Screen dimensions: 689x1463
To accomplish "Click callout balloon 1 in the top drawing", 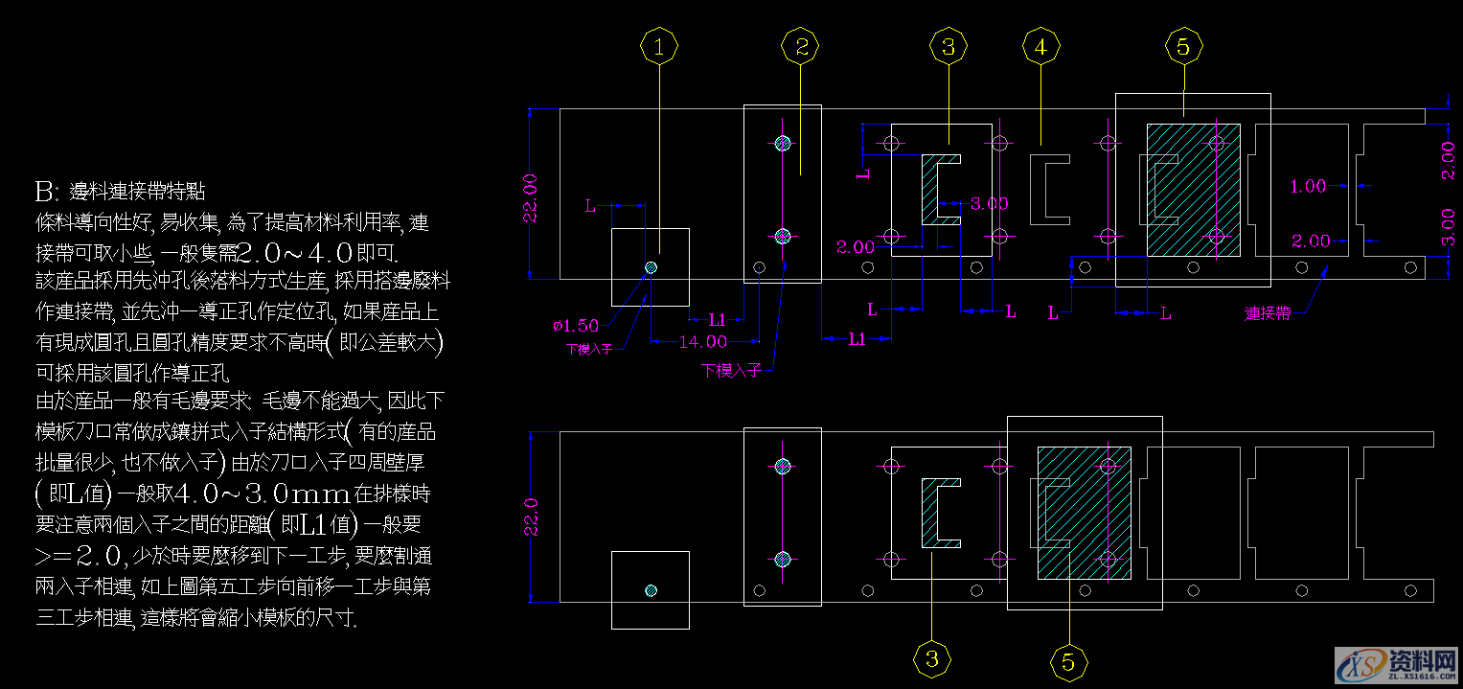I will coord(659,46).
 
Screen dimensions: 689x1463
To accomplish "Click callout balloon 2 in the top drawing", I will coord(801,46).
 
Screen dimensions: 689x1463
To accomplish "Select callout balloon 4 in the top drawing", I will coord(1041,46).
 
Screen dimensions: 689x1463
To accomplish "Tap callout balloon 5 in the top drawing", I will coord(1183,46).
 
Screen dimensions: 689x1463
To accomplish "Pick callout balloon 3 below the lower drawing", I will coord(932,659).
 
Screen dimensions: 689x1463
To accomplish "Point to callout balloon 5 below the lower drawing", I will coord(1068,661).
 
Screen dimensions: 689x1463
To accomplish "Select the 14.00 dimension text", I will coord(702,341).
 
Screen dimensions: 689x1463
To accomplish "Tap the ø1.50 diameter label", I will coord(575,326).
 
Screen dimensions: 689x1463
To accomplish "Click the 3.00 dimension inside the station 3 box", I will coord(989,203).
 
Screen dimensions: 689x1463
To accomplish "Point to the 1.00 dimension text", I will coord(1308,187).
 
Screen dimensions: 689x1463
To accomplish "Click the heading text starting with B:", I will coord(118,192).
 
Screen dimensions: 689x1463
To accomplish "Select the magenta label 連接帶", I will coord(1267,313).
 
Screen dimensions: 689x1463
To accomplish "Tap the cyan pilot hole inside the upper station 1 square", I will coord(651,267).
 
